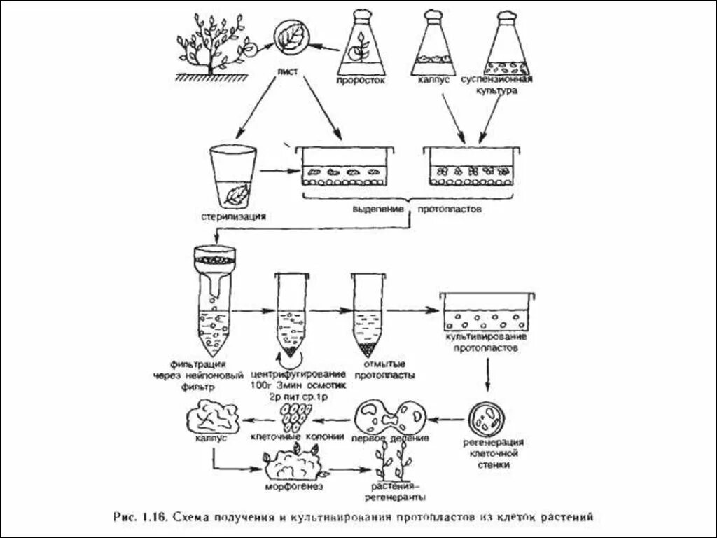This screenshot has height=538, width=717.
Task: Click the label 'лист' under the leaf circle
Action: pyautogui.click(x=288, y=70)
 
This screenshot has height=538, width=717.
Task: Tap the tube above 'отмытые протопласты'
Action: pyautogui.click(x=367, y=312)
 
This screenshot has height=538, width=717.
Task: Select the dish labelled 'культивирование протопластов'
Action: pyautogui.click(x=487, y=312)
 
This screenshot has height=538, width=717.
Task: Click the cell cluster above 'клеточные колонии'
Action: pyautogui.click(x=294, y=418)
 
